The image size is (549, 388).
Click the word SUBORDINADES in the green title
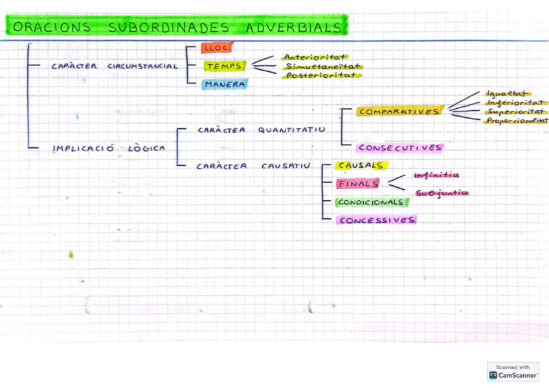(x=169, y=27)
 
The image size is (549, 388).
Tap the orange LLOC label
(x=216, y=48)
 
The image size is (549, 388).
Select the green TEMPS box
(x=224, y=66)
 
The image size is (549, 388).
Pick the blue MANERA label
(x=223, y=84)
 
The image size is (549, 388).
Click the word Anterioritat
(x=315, y=57)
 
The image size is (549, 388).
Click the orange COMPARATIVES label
(x=399, y=111)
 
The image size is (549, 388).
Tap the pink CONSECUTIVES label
(x=400, y=148)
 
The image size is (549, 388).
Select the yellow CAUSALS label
(x=361, y=166)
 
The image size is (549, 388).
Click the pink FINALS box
(x=358, y=183)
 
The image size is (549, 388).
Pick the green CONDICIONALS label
(x=371, y=202)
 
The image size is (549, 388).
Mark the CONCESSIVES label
(x=376, y=220)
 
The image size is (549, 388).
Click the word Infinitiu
(x=436, y=175)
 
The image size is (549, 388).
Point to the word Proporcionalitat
(x=517, y=120)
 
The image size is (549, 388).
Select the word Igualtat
(x=506, y=94)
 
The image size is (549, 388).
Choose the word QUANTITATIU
(x=291, y=130)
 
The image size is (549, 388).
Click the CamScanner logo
(x=513, y=375)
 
